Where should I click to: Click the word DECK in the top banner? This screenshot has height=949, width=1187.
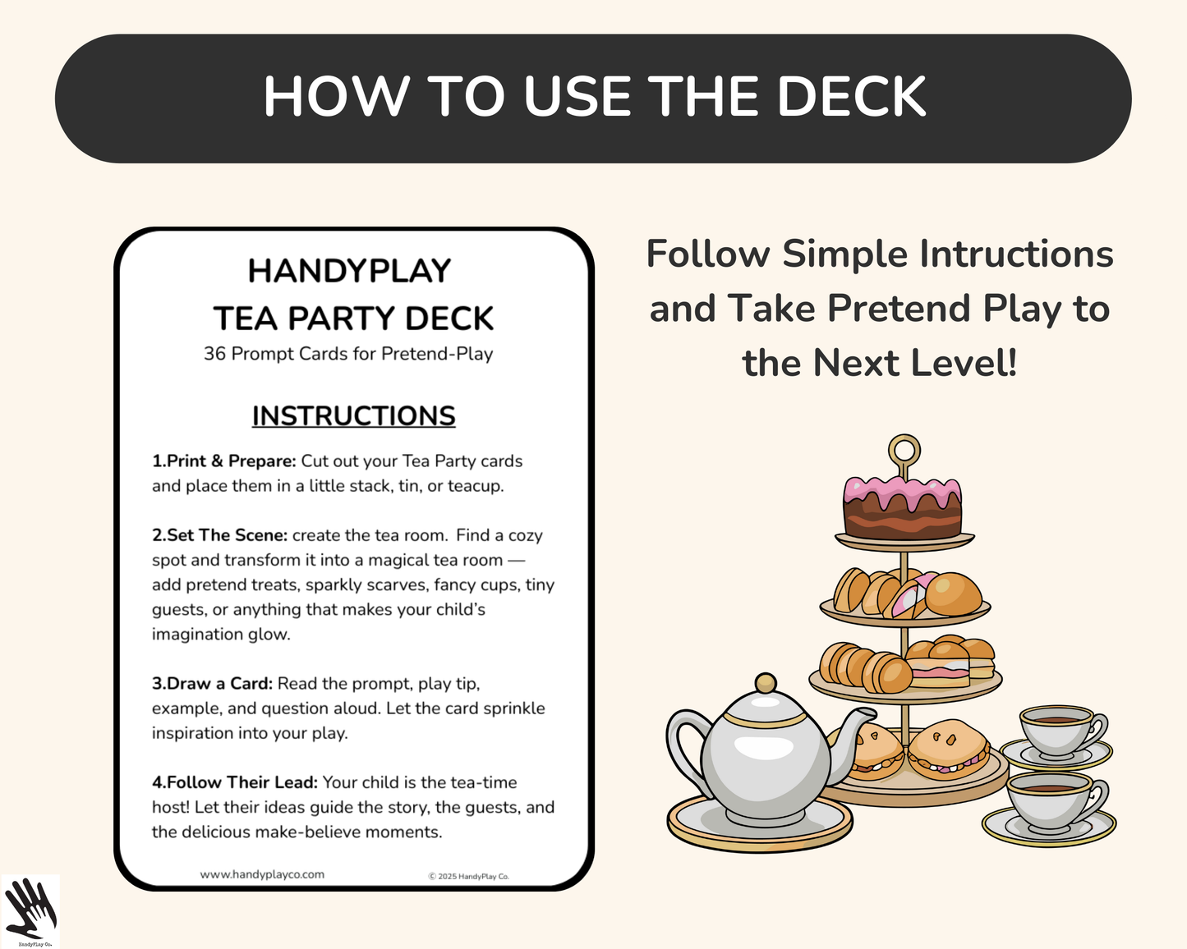(x=851, y=97)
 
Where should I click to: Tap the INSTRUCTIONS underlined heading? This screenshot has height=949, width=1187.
(x=353, y=416)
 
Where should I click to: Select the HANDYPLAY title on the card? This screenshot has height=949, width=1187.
(x=349, y=271)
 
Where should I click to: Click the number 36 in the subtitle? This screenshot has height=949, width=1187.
(x=214, y=354)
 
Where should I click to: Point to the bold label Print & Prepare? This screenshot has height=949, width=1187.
(x=223, y=461)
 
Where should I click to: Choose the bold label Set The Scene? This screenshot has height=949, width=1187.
(x=219, y=535)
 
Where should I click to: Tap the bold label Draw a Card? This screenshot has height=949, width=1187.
(x=212, y=684)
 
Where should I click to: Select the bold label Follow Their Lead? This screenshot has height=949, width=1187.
(x=234, y=782)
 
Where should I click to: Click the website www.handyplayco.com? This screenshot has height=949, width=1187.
(x=262, y=874)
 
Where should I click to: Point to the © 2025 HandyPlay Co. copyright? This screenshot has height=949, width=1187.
(x=468, y=876)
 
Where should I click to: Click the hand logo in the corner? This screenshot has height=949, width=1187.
(x=30, y=910)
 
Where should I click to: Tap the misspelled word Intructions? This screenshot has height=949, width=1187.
(x=1015, y=254)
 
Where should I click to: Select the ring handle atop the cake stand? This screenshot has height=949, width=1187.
(x=904, y=451)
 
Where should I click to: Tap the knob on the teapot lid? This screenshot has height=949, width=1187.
(x=766, y=683)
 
